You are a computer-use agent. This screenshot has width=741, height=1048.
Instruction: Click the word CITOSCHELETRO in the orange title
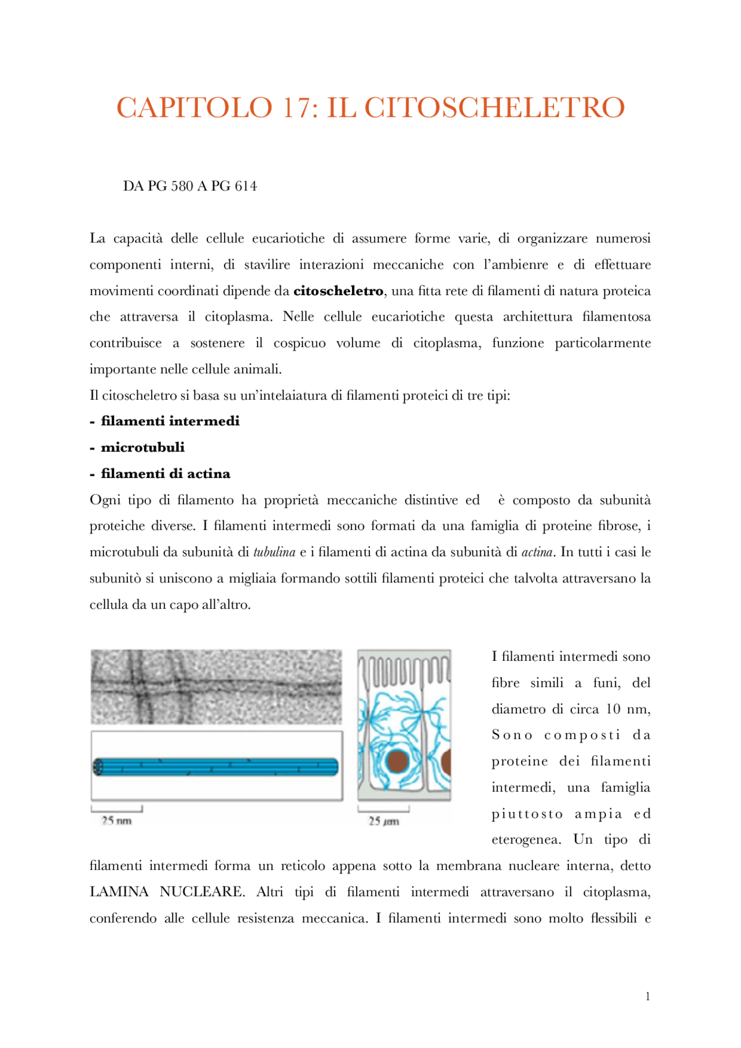point(494,108)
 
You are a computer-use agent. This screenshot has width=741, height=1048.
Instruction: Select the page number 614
point(245,186)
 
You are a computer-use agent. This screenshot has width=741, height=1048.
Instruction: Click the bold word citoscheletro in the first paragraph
point(338,291)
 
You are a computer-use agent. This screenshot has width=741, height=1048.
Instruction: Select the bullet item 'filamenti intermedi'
point(170,421)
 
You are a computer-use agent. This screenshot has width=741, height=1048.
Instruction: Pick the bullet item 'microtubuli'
point(143,447)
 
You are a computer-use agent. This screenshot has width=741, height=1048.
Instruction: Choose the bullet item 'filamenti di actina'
point(166,474)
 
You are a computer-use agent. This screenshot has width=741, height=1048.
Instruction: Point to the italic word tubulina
point(274,552)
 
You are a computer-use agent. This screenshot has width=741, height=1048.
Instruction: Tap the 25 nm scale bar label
point(116,821)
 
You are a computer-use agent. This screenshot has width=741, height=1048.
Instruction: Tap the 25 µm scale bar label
point(383,821)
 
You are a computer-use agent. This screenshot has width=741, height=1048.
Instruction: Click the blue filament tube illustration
point(216,767)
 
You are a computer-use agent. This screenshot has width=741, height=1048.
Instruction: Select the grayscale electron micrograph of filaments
point(216,686)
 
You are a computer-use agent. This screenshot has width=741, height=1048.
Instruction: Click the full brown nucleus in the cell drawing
point(398,762)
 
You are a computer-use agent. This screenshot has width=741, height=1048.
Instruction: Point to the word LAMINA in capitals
point(119,892)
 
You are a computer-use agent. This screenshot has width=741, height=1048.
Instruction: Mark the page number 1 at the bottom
point(648,996)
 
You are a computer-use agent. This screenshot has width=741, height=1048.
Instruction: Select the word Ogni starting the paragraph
point(105,500)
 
